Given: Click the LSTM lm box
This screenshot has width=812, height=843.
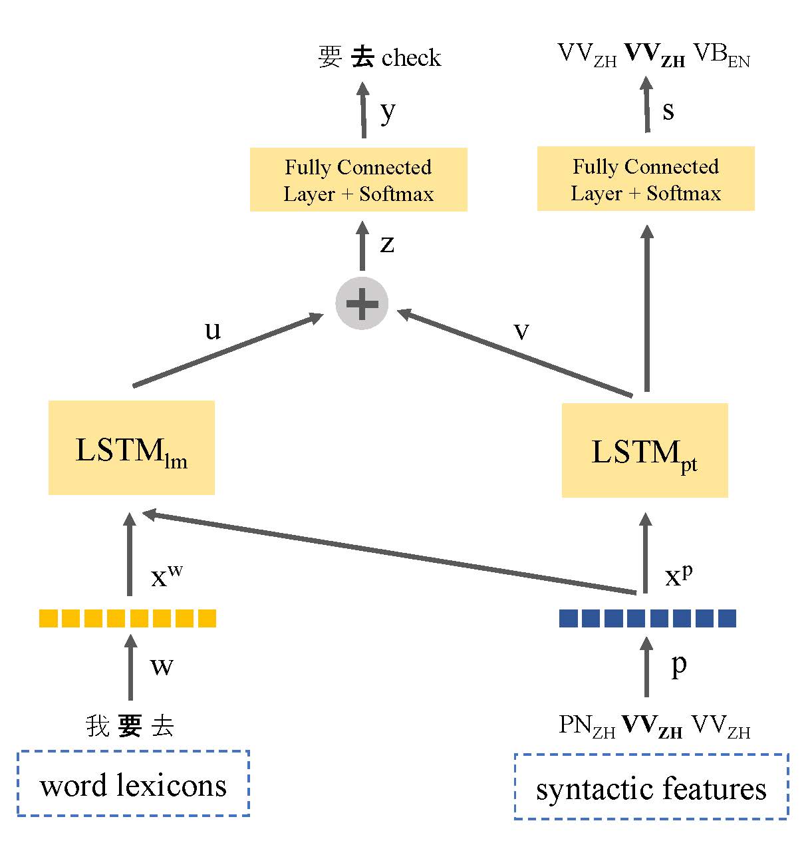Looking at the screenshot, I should point(132,448).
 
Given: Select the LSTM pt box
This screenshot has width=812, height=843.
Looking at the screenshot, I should point(644,450).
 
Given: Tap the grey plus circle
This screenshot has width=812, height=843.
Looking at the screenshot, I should point(362,303).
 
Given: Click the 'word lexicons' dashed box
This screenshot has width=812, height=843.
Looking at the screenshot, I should point(133,784).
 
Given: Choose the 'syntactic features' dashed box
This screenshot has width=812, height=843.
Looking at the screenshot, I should point(651,787).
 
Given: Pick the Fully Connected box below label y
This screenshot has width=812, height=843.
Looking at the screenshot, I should point(358,180).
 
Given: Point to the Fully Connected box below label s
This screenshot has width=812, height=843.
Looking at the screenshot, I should point(646,179).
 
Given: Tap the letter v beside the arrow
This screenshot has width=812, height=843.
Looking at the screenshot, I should point(521,331).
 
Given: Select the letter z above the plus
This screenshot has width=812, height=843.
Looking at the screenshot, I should point(387,244).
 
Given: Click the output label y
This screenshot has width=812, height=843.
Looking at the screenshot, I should point(388,112).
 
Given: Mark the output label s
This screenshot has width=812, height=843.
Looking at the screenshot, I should point(668,110).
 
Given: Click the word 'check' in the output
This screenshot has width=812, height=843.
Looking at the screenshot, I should point(412,58).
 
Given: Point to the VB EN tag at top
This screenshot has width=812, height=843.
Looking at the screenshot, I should point(722,55).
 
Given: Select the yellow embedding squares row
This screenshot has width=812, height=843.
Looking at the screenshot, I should point(128,619).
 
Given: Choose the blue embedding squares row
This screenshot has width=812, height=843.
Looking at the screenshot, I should point(648,619).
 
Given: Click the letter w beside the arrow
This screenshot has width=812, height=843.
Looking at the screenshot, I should point(162,666).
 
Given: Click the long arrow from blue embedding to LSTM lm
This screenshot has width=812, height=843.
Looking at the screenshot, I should point(386,552).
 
